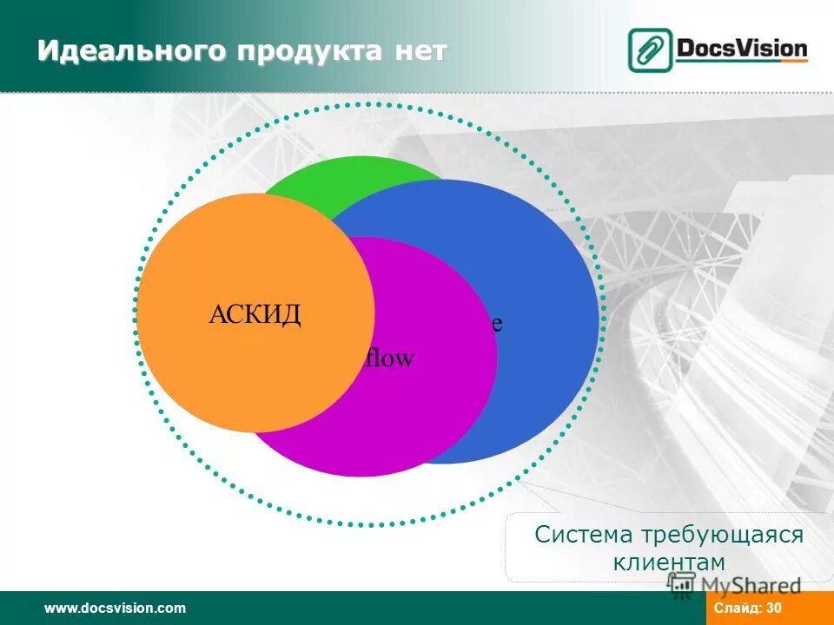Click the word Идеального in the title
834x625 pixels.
pyautogui.click(x=132, y=53)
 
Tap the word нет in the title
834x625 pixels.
pyautogui.click(x=420, y=53)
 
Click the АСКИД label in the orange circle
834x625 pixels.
pyautogui.click(x=255, y=314)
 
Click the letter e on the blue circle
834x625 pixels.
pyautogui.click(x=497, y=324)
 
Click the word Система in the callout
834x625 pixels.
pyautogui.click(x=584, y=535)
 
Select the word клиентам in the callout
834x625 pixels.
pyautogui.click(x=669, y=562)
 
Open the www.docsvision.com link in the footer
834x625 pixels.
pyautogui.click(x=115, y=608)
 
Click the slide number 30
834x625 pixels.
pyautogui.click(x=774, y=608)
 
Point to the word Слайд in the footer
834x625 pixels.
pyautogui.click(x=738, y=608)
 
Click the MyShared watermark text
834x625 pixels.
pyautogui.click(x=751, y=586)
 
